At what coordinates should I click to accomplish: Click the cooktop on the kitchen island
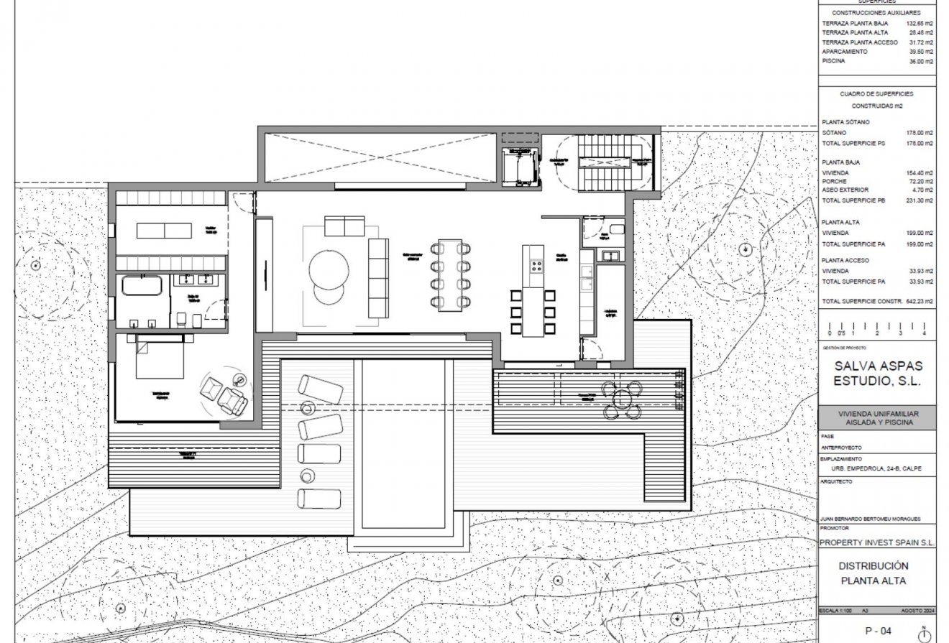pyautogui.click(x=536, y=267)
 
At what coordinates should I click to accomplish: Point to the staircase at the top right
pyautogui.click(x=605, y=163)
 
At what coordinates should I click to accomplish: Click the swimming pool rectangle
pyautogui.click(x=403, y=443)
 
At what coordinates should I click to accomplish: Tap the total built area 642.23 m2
pyautogui.click(x=920, y=301)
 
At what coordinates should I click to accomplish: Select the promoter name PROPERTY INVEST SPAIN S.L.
pyautogui.click(x=877, y=543)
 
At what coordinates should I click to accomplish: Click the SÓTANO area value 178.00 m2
pyautogui.click(x=920, y=133)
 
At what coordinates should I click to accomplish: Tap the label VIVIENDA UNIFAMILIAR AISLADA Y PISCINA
pyautogui.click(x=877, y=417)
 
